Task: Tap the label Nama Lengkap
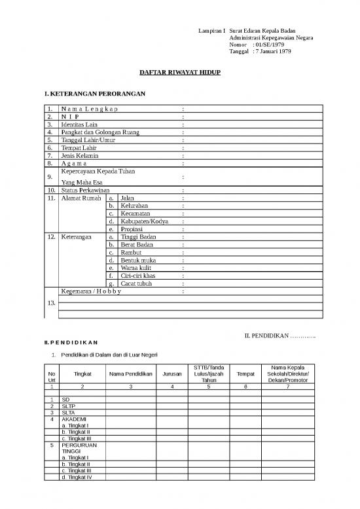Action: point(90,108)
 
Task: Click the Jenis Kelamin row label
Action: point(79,156)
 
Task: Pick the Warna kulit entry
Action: point(137,268)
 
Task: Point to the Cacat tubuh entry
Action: point(137,284)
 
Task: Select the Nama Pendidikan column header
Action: point(131,374)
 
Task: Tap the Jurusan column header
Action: point(172,374)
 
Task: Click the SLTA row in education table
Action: point(68,413)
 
